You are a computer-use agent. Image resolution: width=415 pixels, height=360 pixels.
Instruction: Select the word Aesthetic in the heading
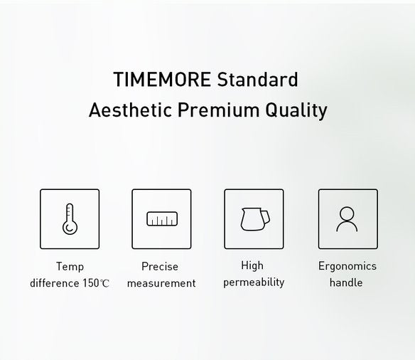point(129,111)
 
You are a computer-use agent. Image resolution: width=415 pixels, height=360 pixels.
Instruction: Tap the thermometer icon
point(70,218)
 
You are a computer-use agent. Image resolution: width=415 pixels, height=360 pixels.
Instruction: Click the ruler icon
point(161,218)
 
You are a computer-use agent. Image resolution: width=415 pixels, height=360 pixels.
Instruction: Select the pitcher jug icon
point(253,218)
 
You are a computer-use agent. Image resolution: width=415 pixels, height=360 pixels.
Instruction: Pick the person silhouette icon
point(347,218)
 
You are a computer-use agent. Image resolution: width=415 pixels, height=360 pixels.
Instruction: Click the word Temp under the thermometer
point(70,267)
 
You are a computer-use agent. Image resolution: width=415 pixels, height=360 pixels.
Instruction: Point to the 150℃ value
point(95,284)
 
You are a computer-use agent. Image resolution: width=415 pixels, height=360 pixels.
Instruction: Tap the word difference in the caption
point(53,283)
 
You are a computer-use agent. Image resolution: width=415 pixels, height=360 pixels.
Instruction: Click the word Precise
point(160,267)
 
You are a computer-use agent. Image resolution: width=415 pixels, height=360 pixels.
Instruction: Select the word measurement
point(161,283)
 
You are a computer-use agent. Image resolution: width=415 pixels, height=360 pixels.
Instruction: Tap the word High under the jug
point(252,266)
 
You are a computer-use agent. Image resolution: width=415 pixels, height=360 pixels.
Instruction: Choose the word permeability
point(254,282)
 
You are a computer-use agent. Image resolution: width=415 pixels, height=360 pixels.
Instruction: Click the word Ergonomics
point(347,267)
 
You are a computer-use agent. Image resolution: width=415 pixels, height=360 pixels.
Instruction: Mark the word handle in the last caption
point(346,283)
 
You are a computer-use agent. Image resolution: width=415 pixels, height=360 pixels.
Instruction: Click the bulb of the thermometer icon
point(69,228)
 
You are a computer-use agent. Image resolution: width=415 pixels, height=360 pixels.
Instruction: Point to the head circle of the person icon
point(347,213)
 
